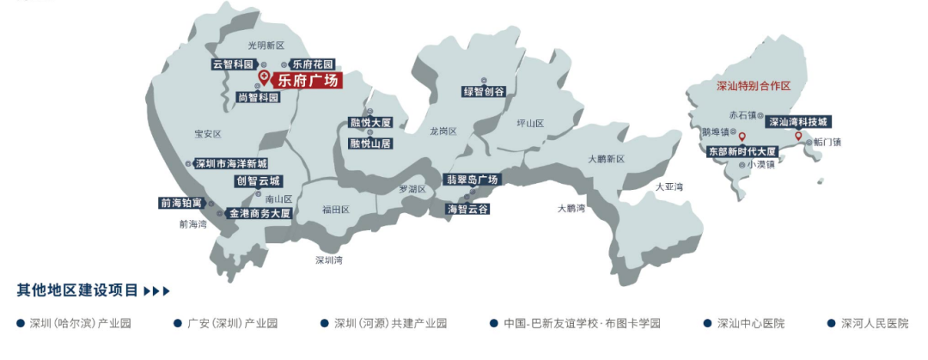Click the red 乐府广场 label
pyautogui.click(x=308, y=82)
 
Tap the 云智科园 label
pyautogui.click(x=234, y=64)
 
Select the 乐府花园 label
pyautogui.click(x=312, y=64)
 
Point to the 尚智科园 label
pyautogui.click(x=258, y=98)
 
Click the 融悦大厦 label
pyautogui.click(x=369, y=123)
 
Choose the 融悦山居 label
pyautogui.click(x=369, y=143)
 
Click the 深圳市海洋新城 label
pyautogui.click(x=230, y=163)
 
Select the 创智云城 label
pyautogui.click(x=258, y=181)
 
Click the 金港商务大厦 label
pyautogui.click(x=259, y=213)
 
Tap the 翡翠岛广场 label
pyautogui.click(x=472, y=180)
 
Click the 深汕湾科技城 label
pyautogui.click(x=799, y=122)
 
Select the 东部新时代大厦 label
pyautogui.click(x=742, y=150)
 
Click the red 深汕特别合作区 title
pyautogui.click(x=753, y=87)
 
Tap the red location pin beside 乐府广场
pyautogui.click(x=264, y=77)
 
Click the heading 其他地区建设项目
pyautogui.click(x=77, y=290)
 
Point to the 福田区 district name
pyautogui.click(x=335, y=209)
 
